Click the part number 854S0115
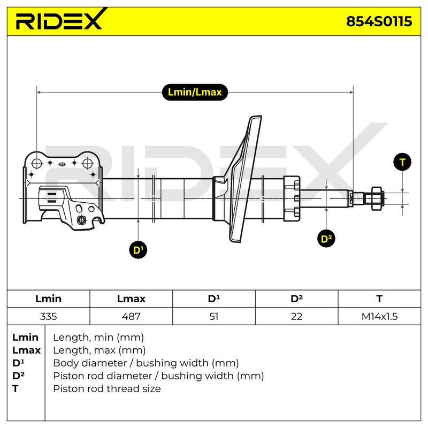click(x=379, y=21)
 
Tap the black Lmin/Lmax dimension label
click(x=195, y=92)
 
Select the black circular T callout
click(x=402, y=162)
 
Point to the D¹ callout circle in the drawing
click(x=138, y=250)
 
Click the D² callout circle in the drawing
click(x=326, y=239)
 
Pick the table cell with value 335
click(x=48, y=316)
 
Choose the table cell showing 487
click(x=131, y=316)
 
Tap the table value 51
click(x=213, y=316)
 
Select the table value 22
click(x=296, y=316)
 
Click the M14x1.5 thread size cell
click(x=379, y=316)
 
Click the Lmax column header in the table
click(x=131, y=299)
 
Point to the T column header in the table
click(x=379, y=299)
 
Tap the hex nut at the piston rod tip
click(x=377, y=198)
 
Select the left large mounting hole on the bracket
click(x=36, y=164)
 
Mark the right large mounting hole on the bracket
click(x=88, y=164)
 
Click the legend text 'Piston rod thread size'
click(x=106, y=388)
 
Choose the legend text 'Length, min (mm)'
click(x=98, y=338)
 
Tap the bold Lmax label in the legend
click(x=26, y=350)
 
